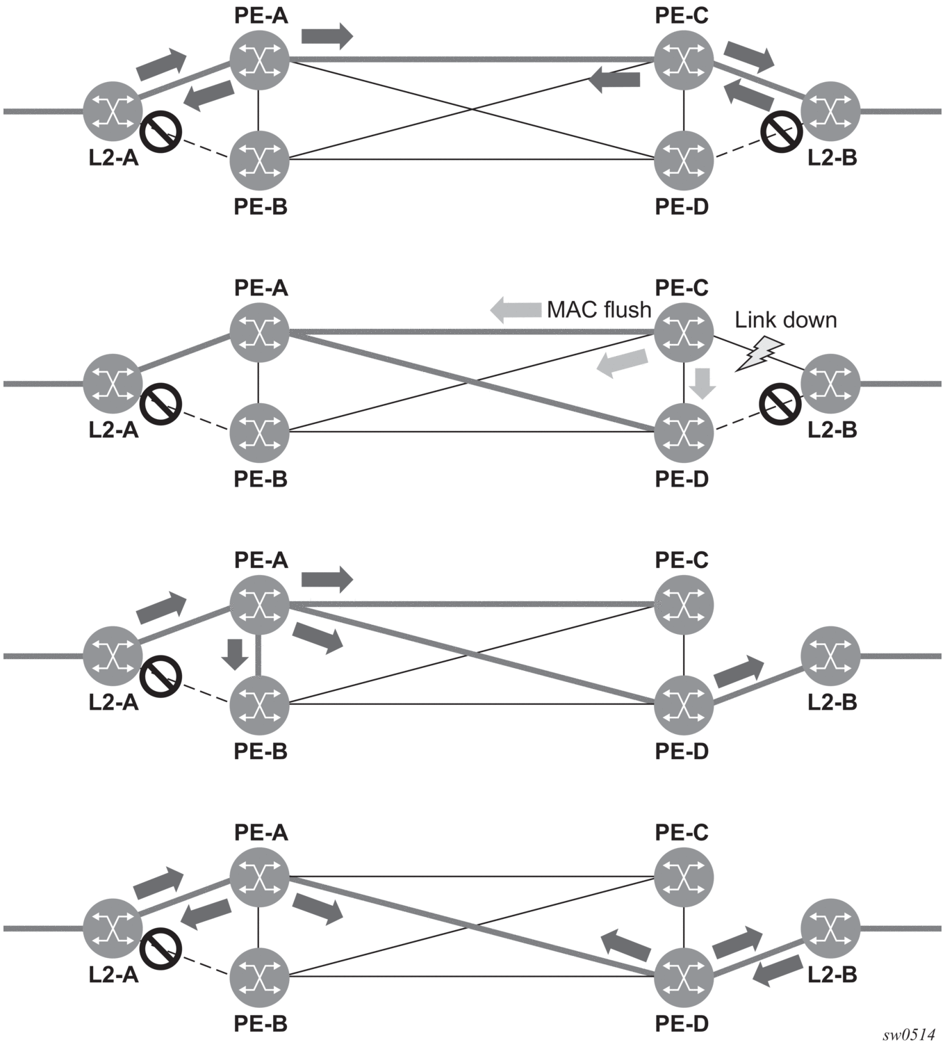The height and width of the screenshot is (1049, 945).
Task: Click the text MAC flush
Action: [599, 310]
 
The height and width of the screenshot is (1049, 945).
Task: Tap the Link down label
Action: [786, 320]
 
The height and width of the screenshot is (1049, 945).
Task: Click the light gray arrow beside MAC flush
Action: [516, 309]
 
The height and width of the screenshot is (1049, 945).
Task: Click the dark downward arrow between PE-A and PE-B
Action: [235, 653]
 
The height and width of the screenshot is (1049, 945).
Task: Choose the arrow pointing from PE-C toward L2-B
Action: [749, 57]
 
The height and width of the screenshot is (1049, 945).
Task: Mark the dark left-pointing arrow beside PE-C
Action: [614, 80]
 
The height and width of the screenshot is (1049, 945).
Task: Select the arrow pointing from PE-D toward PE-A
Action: [625, 945]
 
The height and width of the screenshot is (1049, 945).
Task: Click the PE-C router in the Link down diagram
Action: [684, 332]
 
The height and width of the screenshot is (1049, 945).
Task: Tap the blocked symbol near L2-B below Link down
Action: [780, 404]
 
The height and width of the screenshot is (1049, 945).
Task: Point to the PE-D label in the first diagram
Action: [682, 207]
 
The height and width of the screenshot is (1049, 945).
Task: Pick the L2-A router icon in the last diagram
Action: [113, 929]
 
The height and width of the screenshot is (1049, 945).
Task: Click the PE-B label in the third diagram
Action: [261, 751]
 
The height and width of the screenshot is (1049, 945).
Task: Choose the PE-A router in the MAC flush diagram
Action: [260, 332]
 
